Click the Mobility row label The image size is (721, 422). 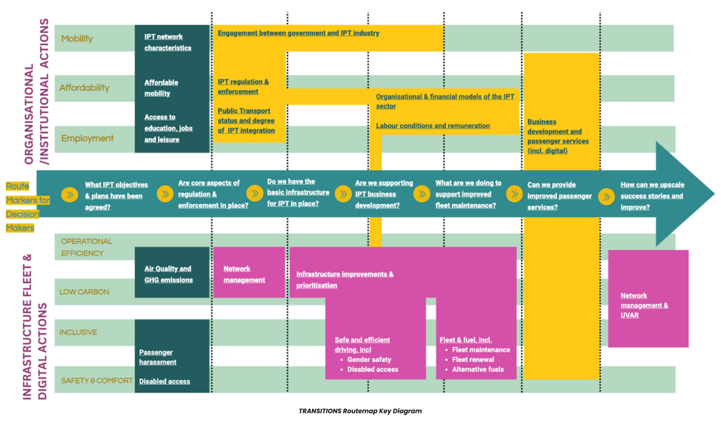tap(77, 38)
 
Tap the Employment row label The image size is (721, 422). tap(87, 138)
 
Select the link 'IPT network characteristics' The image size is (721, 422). tap(168, 42)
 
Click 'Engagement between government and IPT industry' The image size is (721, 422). tap(298, 33)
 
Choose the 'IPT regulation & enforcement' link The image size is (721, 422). tap(243, 87)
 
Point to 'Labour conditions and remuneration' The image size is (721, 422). tap(433, 126)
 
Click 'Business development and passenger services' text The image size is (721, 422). tap(558, 136)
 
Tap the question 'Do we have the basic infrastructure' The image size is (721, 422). tap(298, 192)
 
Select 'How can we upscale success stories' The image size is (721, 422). tap(652, 196)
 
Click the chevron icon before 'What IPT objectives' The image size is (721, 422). tap(70, 195)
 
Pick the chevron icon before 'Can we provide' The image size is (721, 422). tap(514, 194)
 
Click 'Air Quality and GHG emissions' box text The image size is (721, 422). tap(168, 274)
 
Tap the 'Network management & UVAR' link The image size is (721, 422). tap(644, 305)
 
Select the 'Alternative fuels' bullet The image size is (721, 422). tap(477, 369)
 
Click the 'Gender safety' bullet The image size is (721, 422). tap(369, 359)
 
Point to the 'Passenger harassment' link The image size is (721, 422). tap(157, 357)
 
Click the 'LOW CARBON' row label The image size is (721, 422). tap(84, 292)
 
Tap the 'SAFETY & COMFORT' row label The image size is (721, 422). tap(96, 380)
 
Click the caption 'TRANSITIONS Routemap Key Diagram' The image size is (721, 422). tap(360, 411)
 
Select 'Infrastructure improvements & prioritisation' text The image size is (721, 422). tap(344, 279)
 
